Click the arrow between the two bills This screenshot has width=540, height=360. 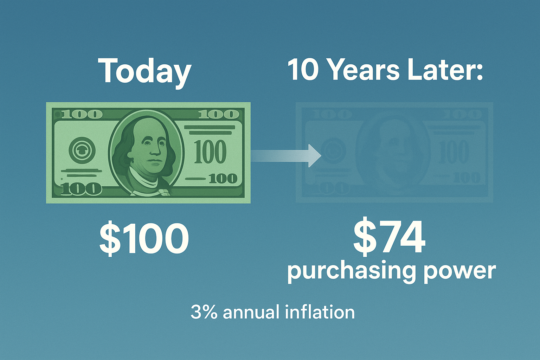286,155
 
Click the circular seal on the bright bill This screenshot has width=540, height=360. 82,151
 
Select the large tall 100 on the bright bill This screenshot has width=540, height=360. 210,152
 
